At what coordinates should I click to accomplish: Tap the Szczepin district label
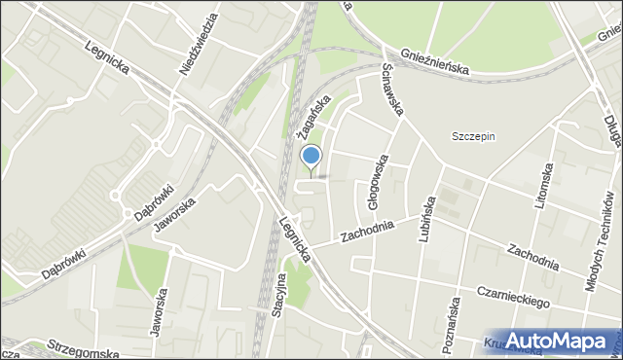[473, 136]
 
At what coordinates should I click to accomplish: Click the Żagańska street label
[316, 115]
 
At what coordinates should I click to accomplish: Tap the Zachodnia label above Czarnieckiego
[531, 256]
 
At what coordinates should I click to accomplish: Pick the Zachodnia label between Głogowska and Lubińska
[368, 231]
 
